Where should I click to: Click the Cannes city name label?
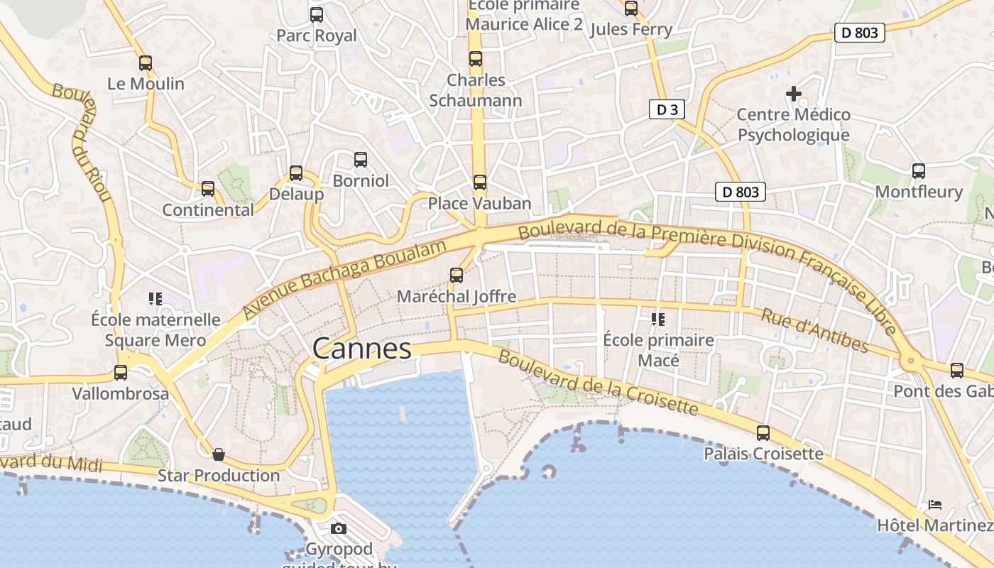pyautogui.click(x=362, y=349)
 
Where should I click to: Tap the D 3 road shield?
pyautogui.click(x=667, y=109)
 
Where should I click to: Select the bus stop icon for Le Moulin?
pyautogui.click(x=146, y=63)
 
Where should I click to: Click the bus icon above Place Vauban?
pyautogui.click(x=480, y=182)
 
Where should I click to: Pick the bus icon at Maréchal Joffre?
pyautogui.click(x=457, y=275)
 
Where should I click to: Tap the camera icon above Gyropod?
pyautogui.click(x=339, y=528)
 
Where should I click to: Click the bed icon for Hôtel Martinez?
pyautogui.click(x=935, y=505)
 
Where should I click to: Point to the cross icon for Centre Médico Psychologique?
pyautogui.click(x=793, y=93)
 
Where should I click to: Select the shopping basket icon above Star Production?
pyautogui.click(x=219, y=454)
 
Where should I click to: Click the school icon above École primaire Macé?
pyautogui.click(x=658, y=319)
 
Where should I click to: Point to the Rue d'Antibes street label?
pyautogui.click(x=814, y=330)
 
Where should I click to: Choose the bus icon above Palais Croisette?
pyautogui.click(x=763, y=432)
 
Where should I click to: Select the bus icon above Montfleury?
pyautogui.click(x=919, y=170)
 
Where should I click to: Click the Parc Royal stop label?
pyautogui.click(x=317, y=35)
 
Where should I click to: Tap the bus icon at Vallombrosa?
pyautogui.click(x=121, y=372)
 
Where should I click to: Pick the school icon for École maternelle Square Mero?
pyautogui.click(x=155, y=299)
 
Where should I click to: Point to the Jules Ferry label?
pyautogui.click(x=630, y=29)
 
